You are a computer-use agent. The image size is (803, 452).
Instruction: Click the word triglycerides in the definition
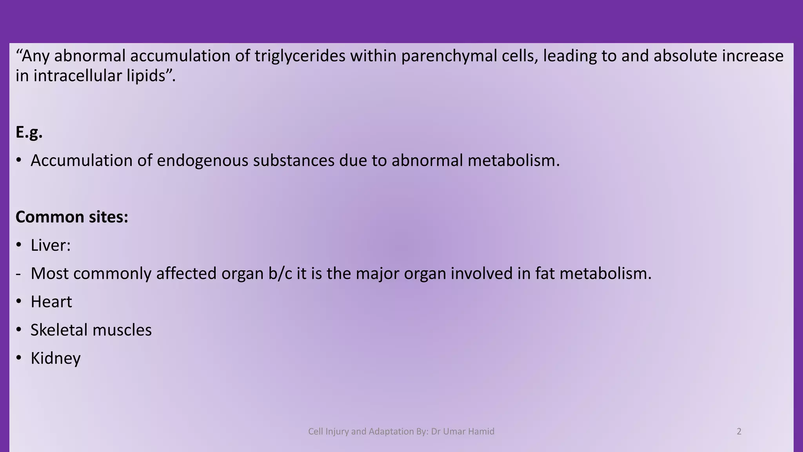pos(300,56)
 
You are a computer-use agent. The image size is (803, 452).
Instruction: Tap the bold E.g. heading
pos(29,132)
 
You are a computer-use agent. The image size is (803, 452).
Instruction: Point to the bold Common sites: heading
pos(72,217)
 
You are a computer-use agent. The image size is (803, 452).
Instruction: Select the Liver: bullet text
pos(51,245)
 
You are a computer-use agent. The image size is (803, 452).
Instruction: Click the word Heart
pos(51,302)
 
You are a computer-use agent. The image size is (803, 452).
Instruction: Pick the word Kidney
pos(56,358)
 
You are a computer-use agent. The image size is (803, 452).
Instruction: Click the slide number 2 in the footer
pos(739,432)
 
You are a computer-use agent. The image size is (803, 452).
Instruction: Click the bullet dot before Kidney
pos(18,358)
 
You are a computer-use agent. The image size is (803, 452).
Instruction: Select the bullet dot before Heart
pos(18,302)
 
